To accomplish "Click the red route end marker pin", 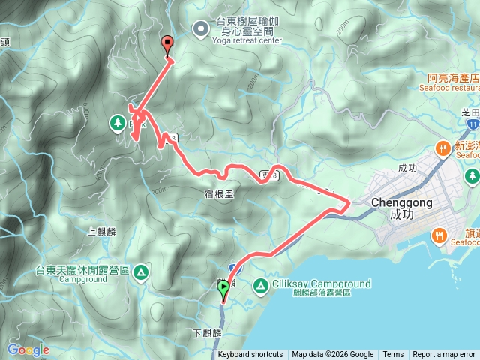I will pyautogui.click(x=167, y=45).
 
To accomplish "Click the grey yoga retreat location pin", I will pyautogui.click(x=201, y=29).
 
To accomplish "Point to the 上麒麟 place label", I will pyautogui.click(x=100, y=232).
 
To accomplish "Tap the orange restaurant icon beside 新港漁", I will pyautogui.click(x=442, y=148).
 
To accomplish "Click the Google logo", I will pyautogui.click(x=28, y=349).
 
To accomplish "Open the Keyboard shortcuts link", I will pyautogui.click(x=250, y=355).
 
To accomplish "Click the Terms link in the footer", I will pyautogui.click(x=393, y=355).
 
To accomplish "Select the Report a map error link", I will pyautogui.click(x=444, y=355).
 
